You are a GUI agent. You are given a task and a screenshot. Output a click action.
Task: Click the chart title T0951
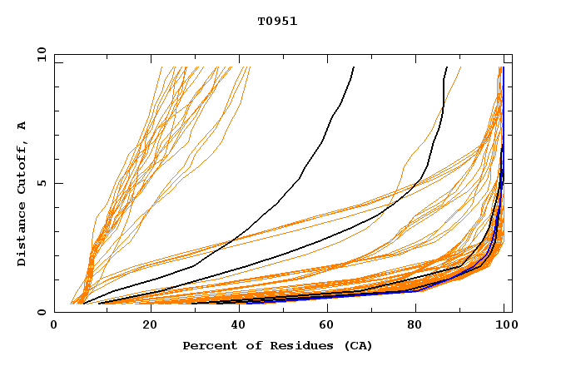point(277,22)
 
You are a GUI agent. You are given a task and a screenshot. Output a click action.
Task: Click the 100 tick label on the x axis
point(506,327)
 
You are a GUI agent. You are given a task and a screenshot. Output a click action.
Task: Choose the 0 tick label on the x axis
point(55,327)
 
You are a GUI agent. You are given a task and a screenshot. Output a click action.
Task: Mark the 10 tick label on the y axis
point(40,54)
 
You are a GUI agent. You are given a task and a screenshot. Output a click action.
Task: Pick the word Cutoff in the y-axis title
point(22,166)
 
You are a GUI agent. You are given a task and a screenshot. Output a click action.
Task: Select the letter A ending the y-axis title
point(22,126)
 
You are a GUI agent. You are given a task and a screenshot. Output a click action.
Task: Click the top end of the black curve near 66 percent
point(354,67)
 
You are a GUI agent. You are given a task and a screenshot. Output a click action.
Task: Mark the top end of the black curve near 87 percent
point(447,67)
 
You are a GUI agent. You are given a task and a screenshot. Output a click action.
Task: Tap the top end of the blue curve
point(504,67)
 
